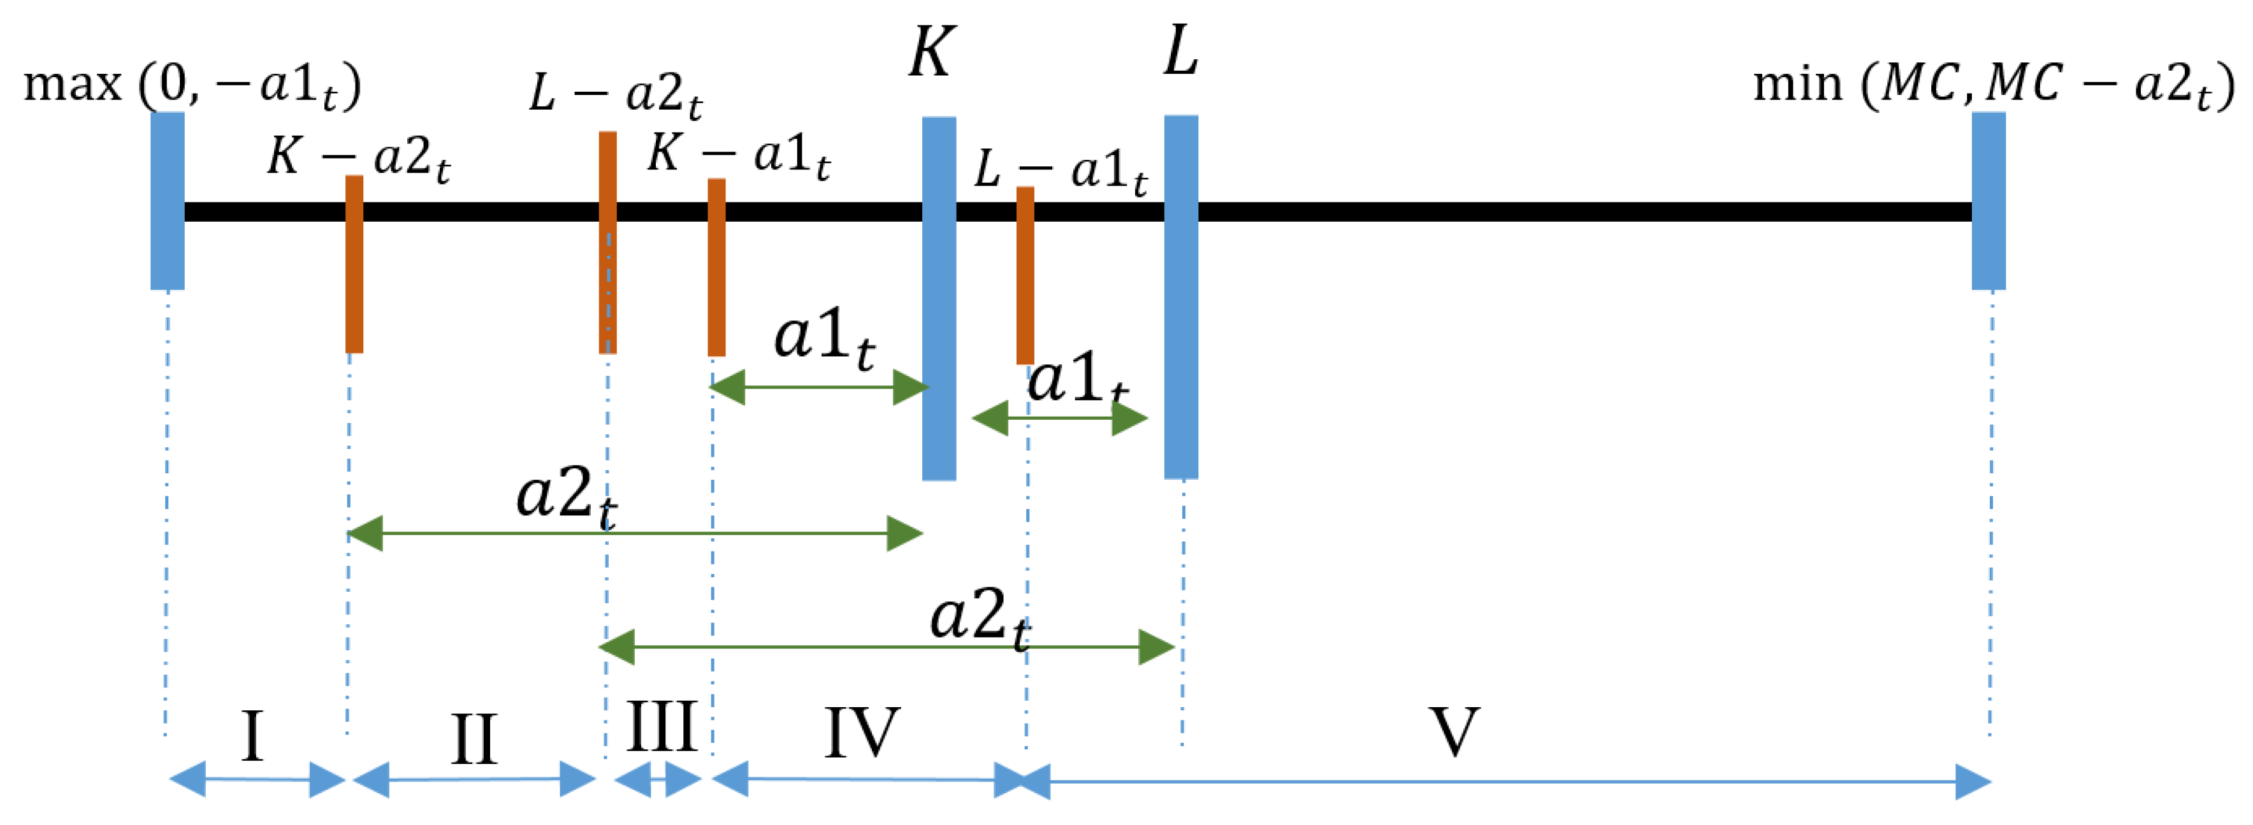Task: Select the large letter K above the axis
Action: point(931,52)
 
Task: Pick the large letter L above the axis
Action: point(1181,52)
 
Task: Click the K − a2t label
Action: point(359,157)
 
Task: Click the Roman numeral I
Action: point(252,736)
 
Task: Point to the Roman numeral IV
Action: point(862,733)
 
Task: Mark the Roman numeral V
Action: point(1454,733)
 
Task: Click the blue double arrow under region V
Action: point(1504,781)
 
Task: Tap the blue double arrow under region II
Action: point(473,780)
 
